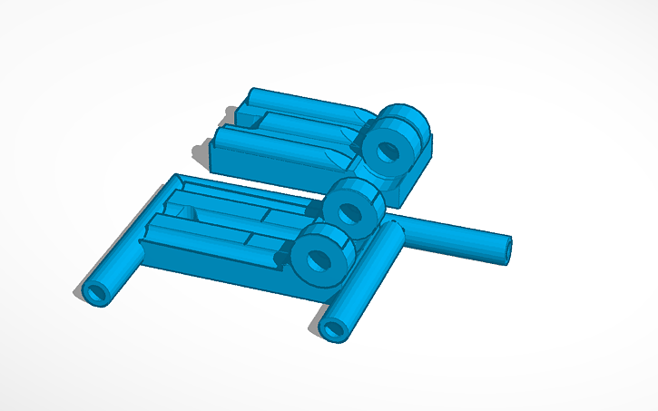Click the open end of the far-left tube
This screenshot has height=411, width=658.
(95, 292)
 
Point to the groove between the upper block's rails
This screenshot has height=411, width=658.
(290, 122)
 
